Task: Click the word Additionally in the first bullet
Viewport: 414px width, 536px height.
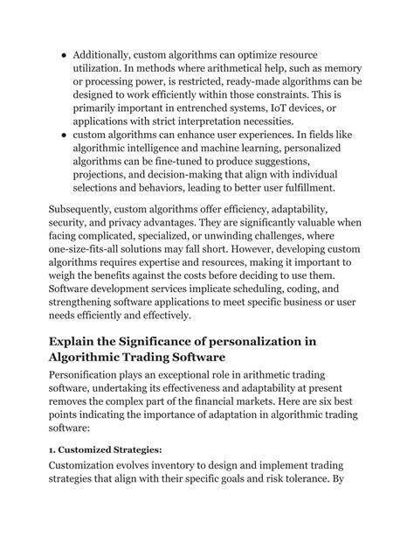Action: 107,52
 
